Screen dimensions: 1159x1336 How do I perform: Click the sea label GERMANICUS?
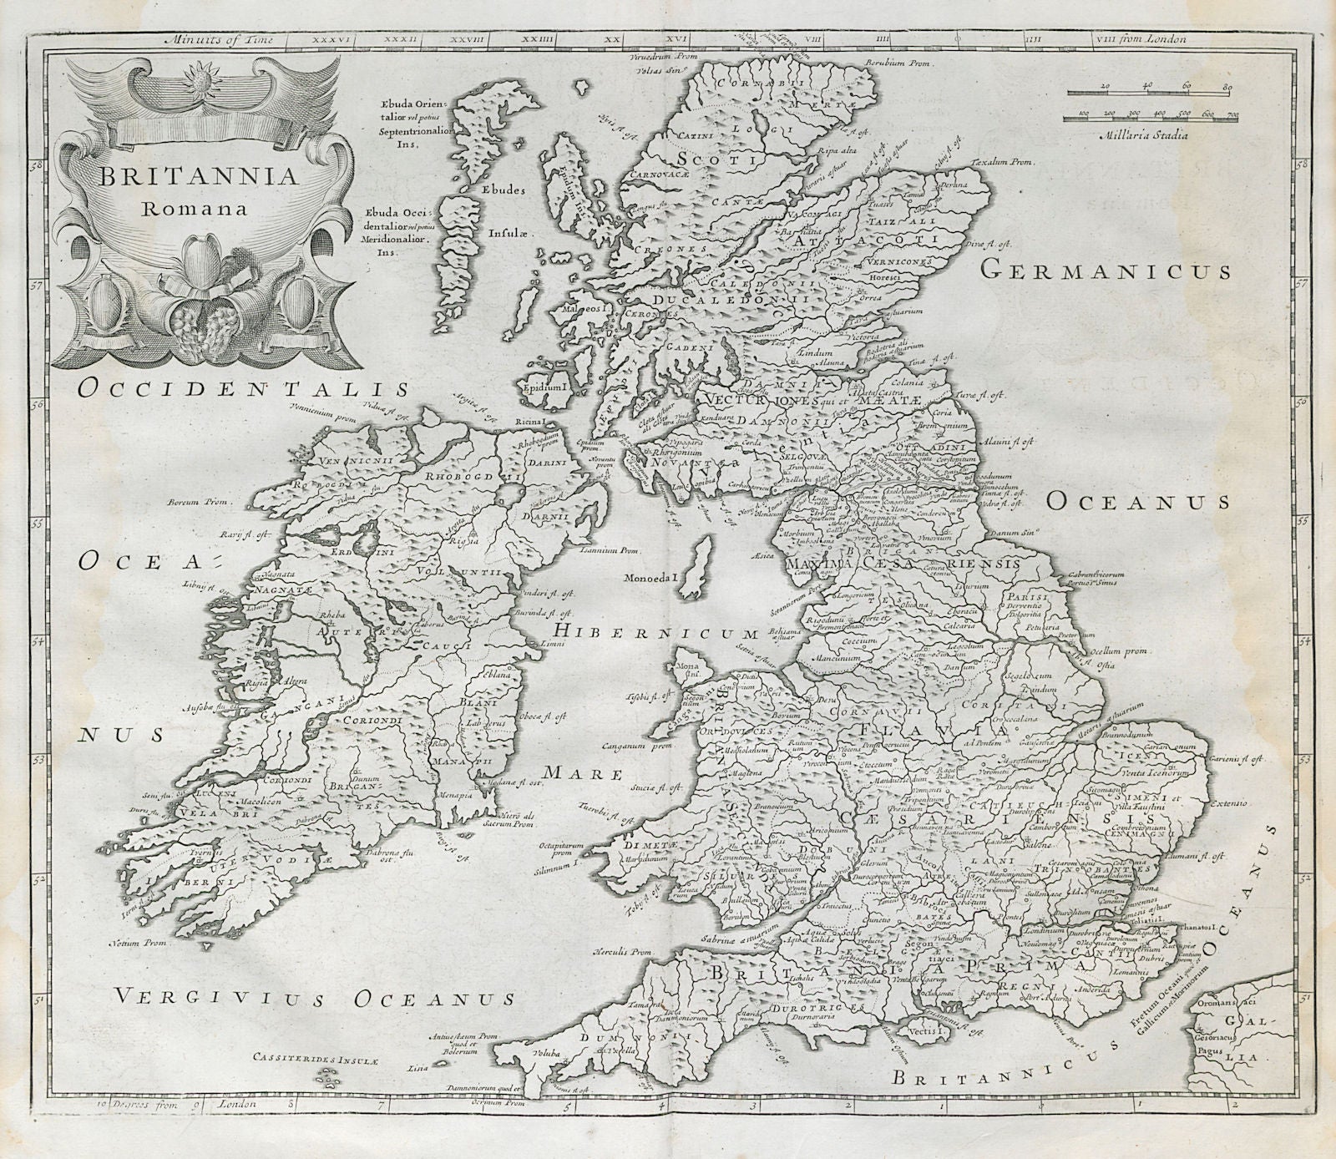(1106, 269)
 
